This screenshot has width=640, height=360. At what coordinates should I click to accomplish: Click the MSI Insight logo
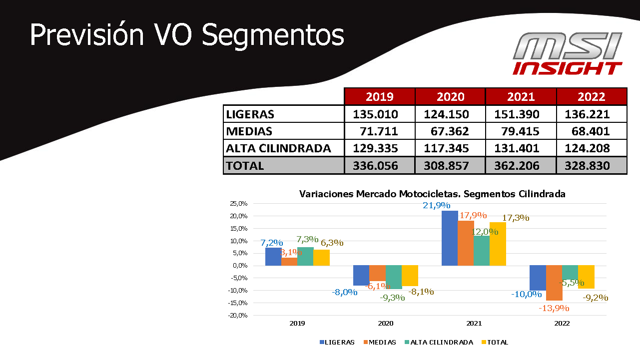[x=568, y=54]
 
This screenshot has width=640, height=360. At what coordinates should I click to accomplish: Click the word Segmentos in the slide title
[x=273, y=36]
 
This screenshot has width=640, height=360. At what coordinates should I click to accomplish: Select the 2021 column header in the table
[x=521, y=97]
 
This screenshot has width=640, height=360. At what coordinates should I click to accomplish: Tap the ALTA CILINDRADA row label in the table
[x=278, y=148]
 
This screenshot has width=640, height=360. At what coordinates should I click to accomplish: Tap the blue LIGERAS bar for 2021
[x=450, y=238]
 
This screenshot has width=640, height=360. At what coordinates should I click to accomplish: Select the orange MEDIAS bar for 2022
[x=554, y=283]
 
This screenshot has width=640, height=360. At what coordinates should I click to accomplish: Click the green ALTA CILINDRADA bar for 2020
[x=393, y=277]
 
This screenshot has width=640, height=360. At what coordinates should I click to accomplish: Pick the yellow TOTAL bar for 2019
[x=321, y=258]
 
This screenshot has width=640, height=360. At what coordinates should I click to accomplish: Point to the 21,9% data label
[x=437, y=205]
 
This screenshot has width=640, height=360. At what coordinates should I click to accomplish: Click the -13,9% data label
[x=554, y=308]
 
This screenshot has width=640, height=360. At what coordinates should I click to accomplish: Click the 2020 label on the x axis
[x=386, y=324]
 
